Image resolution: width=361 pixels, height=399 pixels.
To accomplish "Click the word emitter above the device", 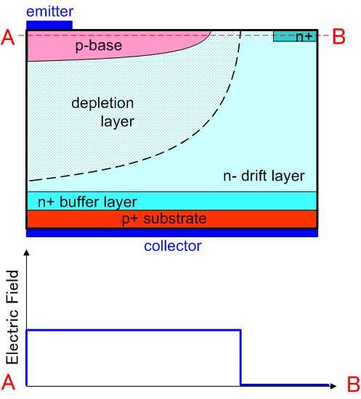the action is click(49, 12).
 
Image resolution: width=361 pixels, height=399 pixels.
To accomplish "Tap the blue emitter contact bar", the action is click(49, 25).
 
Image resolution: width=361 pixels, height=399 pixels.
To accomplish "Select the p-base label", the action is click(99, 46).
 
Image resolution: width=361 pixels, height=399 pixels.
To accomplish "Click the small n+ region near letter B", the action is click(295, 36).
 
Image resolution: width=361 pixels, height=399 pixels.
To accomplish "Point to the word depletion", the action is click(102, 104).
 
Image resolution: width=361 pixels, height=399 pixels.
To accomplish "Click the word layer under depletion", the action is click(117, 122).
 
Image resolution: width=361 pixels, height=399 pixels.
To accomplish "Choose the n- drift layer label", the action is click(264, 176).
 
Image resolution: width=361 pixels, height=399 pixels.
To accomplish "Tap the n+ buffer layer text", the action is click(87, 202).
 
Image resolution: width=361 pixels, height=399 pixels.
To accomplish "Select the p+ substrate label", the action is click(164, 219).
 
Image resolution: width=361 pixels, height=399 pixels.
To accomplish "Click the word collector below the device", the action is click(173, 246).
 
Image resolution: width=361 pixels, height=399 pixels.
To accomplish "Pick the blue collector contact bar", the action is click(172, 233).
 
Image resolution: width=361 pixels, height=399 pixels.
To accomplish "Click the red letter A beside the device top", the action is click(8, 38).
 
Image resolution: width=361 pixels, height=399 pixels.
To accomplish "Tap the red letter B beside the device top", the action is click(338, 37).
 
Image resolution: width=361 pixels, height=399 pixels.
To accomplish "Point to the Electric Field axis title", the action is click(12, 317).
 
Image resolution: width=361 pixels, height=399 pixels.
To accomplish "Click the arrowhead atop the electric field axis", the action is click(26, 252).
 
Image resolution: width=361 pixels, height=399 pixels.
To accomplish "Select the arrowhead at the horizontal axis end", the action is click(333, 386).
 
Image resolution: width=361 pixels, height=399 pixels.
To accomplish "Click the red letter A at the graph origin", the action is click(8, 382).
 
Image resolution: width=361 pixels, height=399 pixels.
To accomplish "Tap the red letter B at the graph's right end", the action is click(353, 384).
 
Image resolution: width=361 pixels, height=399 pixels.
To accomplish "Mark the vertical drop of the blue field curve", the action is click(240, 357).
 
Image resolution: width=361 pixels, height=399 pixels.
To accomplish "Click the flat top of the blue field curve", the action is click(134, 330).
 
